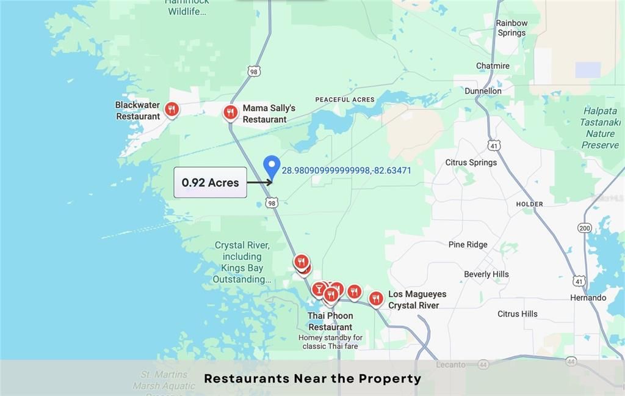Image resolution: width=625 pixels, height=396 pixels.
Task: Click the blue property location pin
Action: pos(272,166)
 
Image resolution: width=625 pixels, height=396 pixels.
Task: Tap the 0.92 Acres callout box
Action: pos(211,182)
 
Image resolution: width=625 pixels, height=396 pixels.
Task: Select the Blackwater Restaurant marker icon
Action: pos(172,109)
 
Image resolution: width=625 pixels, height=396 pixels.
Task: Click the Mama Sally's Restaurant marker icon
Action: pos(230,112)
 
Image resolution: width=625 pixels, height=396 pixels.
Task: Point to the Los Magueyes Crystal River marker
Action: pos(376,298)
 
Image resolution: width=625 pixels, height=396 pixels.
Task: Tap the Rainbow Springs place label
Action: pos(511,28)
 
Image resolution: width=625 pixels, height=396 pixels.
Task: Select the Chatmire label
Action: pos(493,66)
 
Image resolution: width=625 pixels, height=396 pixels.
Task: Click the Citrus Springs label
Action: pos(471,163)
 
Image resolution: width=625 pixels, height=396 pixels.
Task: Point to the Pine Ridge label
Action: pos(468,244)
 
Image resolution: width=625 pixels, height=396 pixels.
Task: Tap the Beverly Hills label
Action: pos(486,274)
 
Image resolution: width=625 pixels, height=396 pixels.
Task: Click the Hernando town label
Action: pos(588,298)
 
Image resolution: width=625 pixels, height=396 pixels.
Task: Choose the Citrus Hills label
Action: pos(518,313)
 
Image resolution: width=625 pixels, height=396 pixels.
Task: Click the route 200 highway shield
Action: pos(585,228)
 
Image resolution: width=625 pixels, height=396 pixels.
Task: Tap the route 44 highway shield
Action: pos(571,361)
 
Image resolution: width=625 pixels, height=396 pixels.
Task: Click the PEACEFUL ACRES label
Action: pos(345,100)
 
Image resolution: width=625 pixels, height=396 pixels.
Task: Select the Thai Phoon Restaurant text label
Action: pos(330,321)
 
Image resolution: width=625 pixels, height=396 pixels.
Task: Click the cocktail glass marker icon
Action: pos(319,288)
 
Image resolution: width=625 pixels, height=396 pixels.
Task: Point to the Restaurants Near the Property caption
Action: pos(312,378)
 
